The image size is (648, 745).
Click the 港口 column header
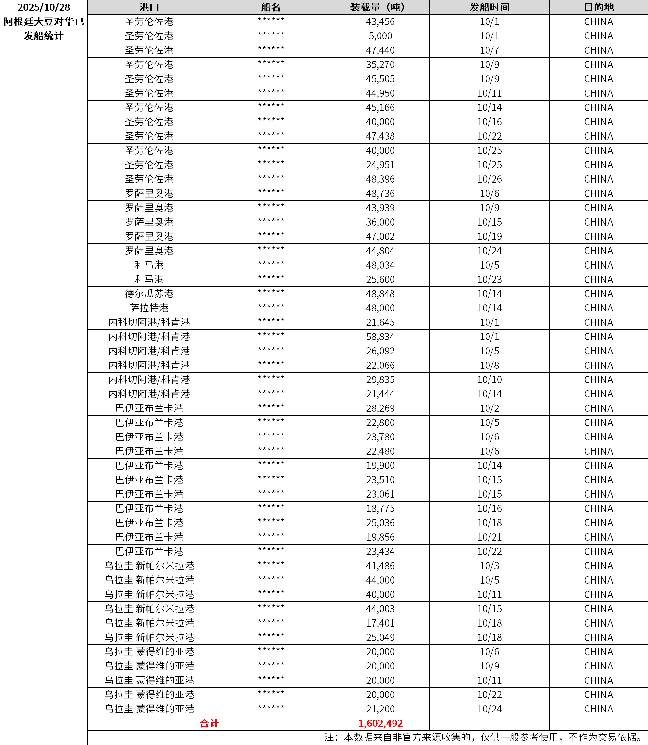(x=149, y=7)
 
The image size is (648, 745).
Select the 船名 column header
(x=270, y=7)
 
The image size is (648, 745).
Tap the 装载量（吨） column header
(x=380, y=7)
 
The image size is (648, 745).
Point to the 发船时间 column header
(x=489, y=7)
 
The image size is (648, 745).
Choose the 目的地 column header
(x=599, y=7)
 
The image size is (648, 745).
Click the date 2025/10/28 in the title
(x=44, y=7)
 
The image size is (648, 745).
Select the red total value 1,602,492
(x=380, y=723)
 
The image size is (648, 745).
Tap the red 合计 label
(x=209, y=723)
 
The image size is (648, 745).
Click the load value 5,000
(x=380, y=36)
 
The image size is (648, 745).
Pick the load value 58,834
(x=380, y=337)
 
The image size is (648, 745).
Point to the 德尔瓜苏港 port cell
(x=149, y=294)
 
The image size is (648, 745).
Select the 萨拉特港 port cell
(x=149, y=308)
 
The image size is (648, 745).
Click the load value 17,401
(x=380, y=623)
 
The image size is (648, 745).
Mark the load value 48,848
(x=380, y=294)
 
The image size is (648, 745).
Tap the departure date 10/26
(x=489, y=179)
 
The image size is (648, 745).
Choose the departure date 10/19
(x=489, y=237)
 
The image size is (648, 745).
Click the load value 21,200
(x=380, y=709)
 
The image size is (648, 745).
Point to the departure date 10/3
(x=489, y=566)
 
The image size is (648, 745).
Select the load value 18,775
(x=380, y=508)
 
